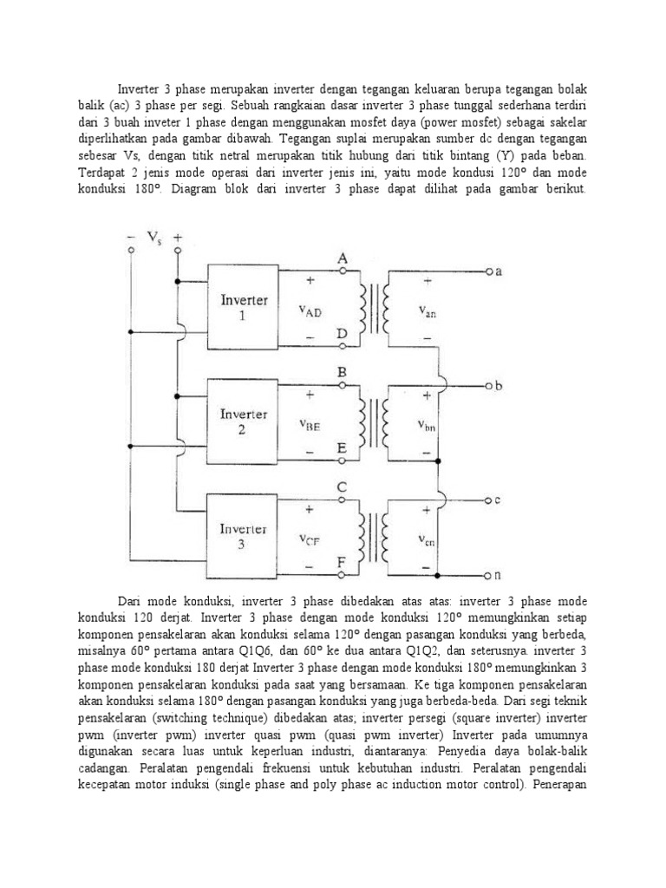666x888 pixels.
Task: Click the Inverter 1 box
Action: pyautogui.click(x=244, y=308)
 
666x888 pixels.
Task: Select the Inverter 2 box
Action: pyautogui.click(x=244, y=422)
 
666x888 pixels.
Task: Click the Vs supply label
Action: pyautogui.click(x=154, y=237)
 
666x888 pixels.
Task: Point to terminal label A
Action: pyautogui.click(x=343, y=258)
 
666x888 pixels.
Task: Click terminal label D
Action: pyautogui.click(x=343, y=334)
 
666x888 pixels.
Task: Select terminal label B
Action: pyautogui.click(x=343, y=372)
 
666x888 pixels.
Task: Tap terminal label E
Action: pyautogui.click(x=343, y=447)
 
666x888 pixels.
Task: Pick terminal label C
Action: pyautogui.click(x=343, y=487)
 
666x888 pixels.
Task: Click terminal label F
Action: pyautogui.click(x=343, y=562)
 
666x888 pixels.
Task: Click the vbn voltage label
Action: pyautogui.click(x=427, y=427)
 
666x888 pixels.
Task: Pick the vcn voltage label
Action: pyautogui.click(x=427, y=540)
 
